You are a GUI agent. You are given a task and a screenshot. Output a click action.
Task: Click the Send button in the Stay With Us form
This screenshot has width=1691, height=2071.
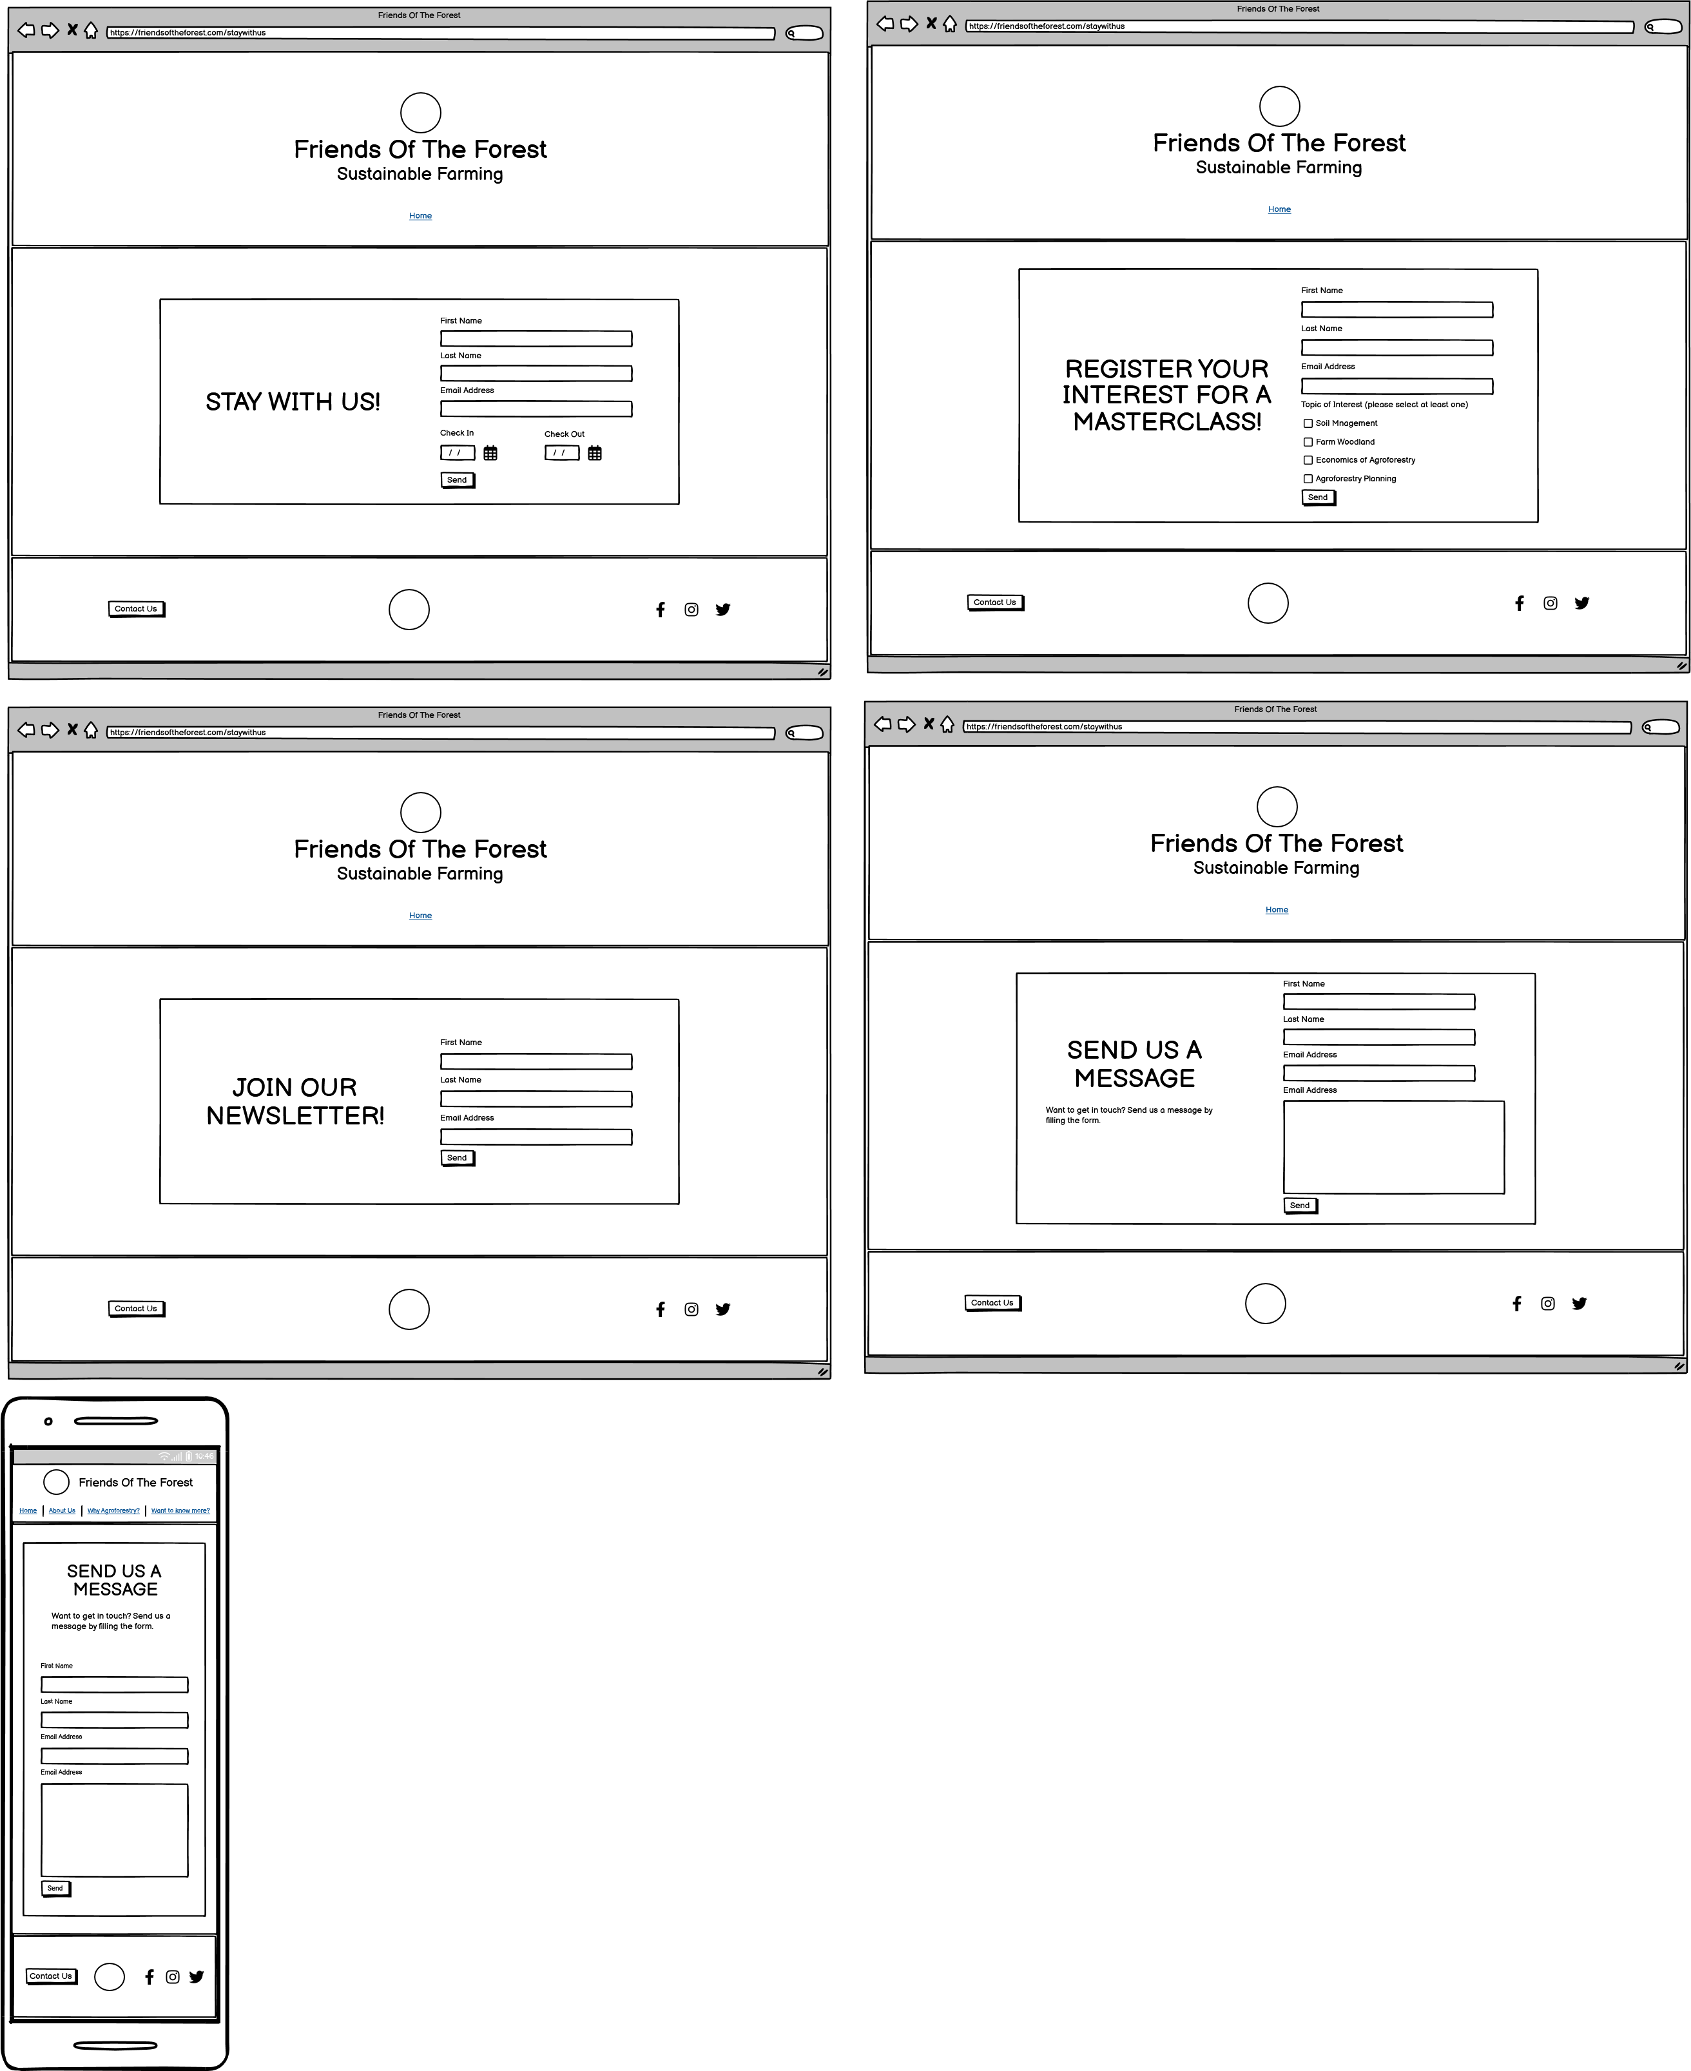457,479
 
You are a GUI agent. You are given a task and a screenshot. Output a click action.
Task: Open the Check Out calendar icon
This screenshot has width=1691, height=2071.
594,453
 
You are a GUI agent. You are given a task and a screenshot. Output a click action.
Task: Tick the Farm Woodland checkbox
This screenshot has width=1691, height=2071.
1308,441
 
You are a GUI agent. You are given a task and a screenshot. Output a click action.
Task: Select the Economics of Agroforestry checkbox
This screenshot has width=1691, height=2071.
1308,460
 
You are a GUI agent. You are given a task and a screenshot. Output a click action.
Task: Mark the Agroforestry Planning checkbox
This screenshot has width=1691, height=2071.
1308,478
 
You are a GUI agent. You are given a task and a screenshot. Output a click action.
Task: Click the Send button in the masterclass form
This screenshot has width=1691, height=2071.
1318,497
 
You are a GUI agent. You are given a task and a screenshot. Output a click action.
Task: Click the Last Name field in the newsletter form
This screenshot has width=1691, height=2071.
536,1099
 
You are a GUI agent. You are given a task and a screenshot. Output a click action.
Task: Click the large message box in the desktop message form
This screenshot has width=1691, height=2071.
1394,1146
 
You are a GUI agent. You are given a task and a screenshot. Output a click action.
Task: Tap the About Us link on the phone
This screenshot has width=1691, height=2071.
63,1511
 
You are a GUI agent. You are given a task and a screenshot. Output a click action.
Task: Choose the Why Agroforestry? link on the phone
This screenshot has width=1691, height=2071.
114,1511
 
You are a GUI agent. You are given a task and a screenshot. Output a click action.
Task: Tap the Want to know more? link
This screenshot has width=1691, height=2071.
180,1511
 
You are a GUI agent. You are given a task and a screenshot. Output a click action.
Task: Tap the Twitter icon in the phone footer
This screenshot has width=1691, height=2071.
197,1976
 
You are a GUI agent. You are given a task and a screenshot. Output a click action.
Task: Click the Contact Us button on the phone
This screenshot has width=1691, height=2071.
51,1976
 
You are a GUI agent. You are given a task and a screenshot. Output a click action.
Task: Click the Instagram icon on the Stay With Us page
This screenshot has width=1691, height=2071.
691,610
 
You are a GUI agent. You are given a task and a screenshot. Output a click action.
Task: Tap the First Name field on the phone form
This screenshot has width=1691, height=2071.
114,1684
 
